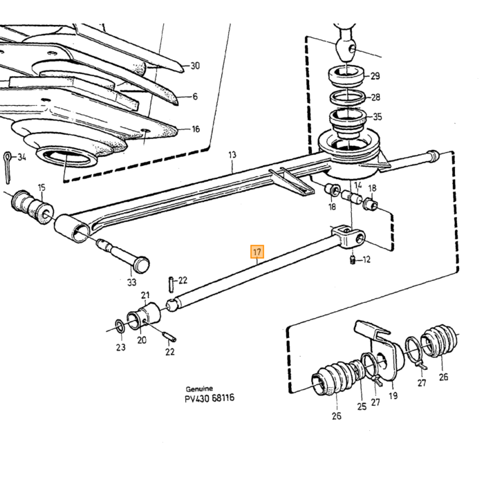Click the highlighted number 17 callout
(x=257, y=252)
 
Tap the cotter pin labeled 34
(x=7, y=167)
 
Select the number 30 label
(x=195, y=66)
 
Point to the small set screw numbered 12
(x=352, y=259)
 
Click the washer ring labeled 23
(x=120, y=327)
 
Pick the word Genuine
(x=199, y=389)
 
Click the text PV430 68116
(x=210, y=398)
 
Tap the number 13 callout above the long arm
(x=232, y=154)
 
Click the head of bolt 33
(x=141, y=265)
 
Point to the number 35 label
(x=378, y=117)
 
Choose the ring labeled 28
(x=348, y=97)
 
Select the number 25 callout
(x=362, y=407)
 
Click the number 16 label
(x=196, y=129)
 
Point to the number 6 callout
(x=195, y=97)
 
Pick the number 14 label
(x=357, y=185)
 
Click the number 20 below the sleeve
(x=142, y=340)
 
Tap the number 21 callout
(x=145, y=295)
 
